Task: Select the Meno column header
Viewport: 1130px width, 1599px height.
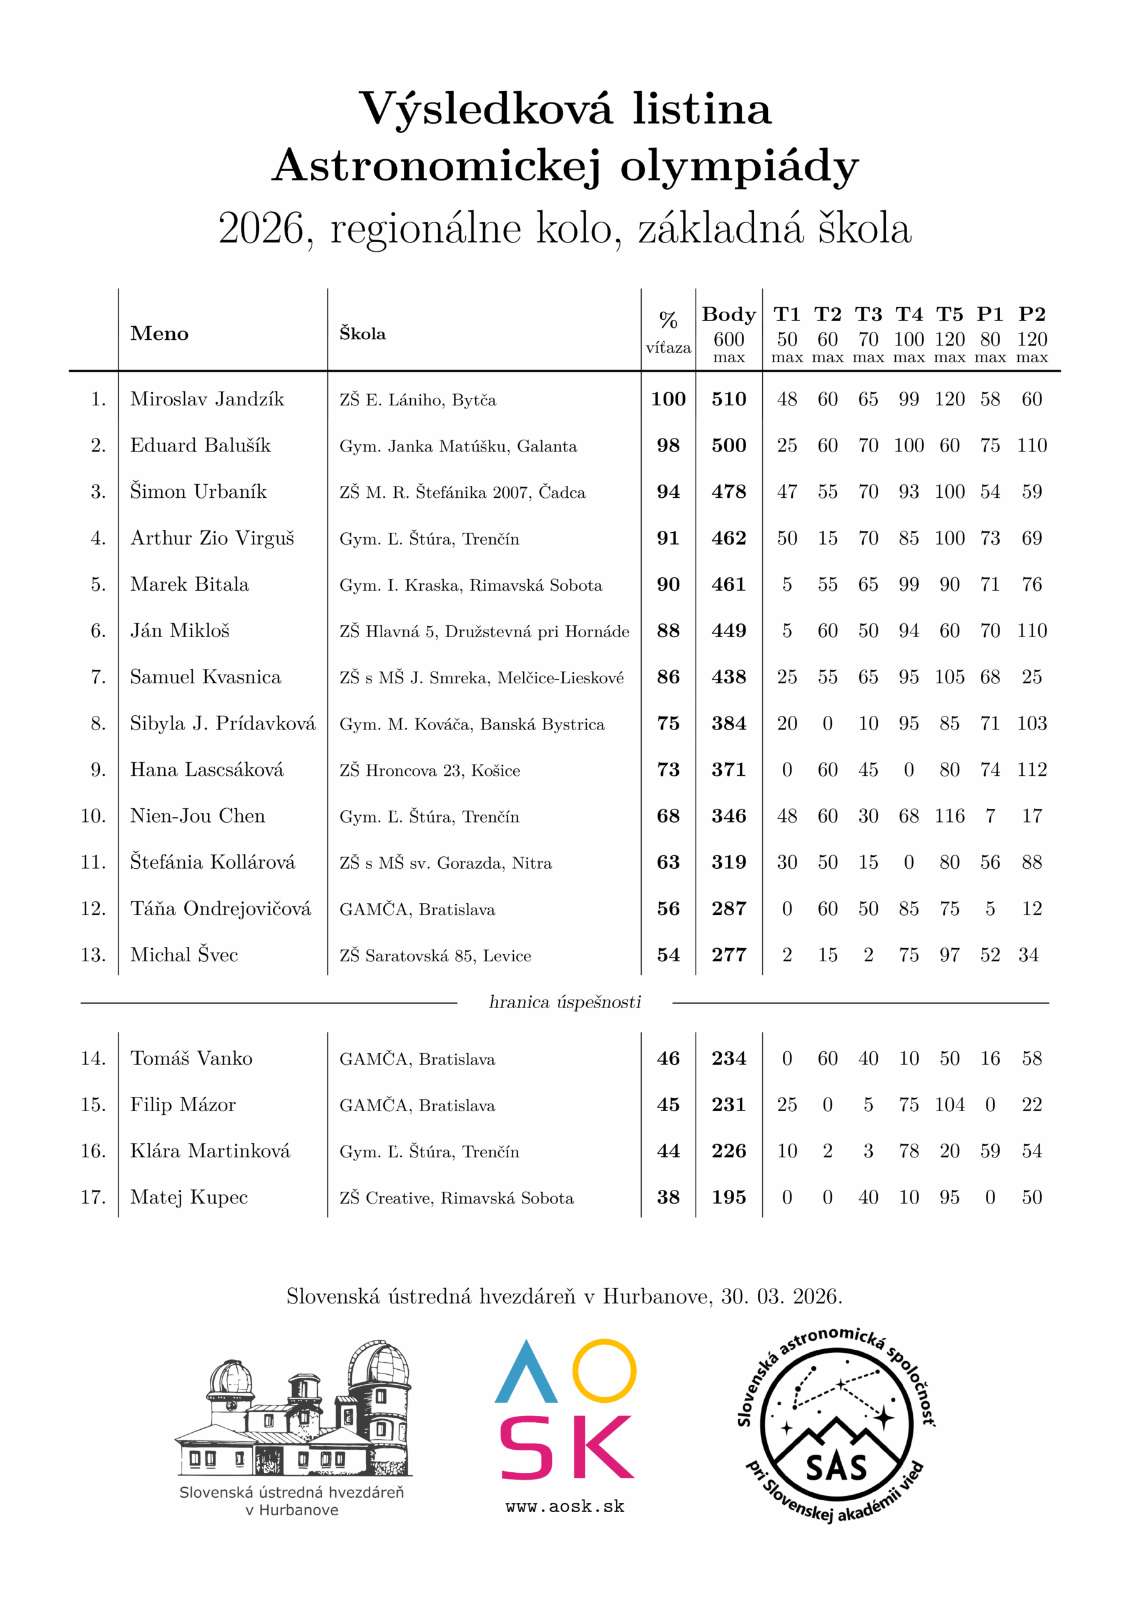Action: pos(159,334)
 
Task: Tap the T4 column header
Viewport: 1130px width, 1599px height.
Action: pos(908,315)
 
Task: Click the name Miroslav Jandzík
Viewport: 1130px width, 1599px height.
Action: pos(207,399)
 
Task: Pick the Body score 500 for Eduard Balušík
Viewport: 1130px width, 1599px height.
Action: pos(729,446)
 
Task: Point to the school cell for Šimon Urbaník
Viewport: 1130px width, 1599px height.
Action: pos(463,492)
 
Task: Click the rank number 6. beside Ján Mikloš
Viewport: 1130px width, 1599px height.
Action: pos(98,631)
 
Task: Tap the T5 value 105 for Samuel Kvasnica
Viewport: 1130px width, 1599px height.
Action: pos(949,677)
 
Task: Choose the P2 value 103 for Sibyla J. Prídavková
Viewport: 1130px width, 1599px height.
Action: pos(1031,723)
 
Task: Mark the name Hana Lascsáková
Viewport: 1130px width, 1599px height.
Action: pos(207,770)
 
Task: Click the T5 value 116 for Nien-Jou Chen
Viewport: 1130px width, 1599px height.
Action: pos(949,816)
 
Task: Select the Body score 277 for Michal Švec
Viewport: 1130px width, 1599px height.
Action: pos(729,955)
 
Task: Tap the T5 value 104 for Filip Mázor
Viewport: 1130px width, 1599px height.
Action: pos(949,1104)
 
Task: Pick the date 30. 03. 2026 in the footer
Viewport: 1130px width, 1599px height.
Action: pos(780,1296)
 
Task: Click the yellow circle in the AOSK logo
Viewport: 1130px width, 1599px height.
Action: pos(604,1370)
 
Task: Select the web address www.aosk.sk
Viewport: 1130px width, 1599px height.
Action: pos(564,1507)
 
